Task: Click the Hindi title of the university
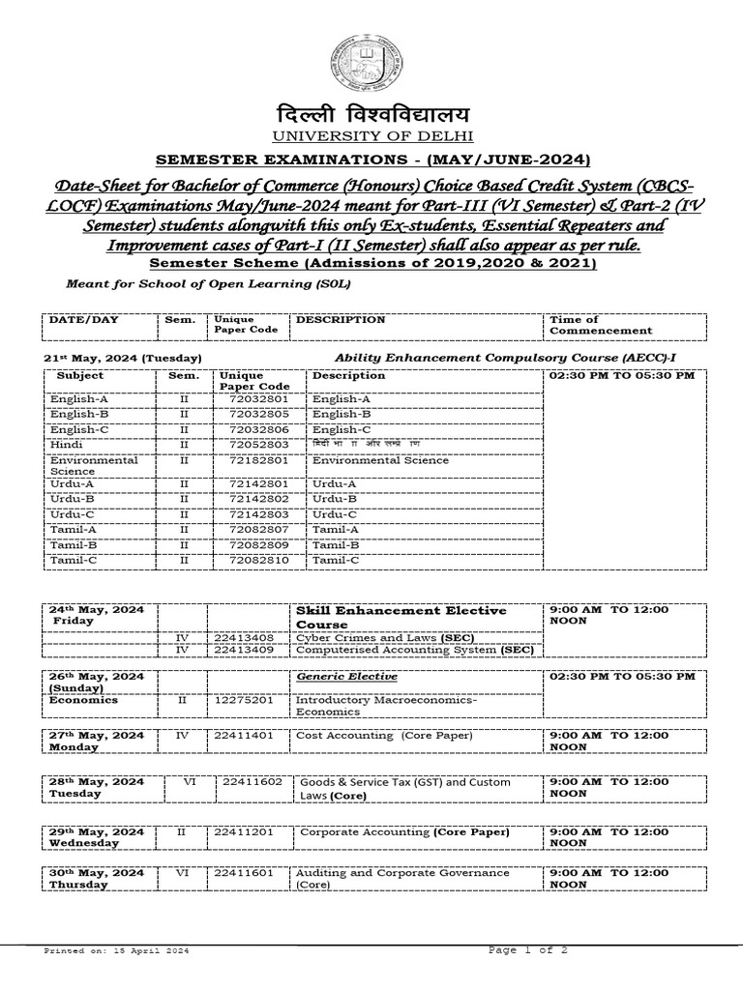(371, 115)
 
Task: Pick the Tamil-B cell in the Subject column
(74, 544)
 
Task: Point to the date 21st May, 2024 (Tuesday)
(123, 357)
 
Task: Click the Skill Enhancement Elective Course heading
(400, 617)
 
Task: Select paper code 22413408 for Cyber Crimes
(246, 639)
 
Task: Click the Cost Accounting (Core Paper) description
(384, 735)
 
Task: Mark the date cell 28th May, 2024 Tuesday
(97, 787)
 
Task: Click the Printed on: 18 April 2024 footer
(117, 952)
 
